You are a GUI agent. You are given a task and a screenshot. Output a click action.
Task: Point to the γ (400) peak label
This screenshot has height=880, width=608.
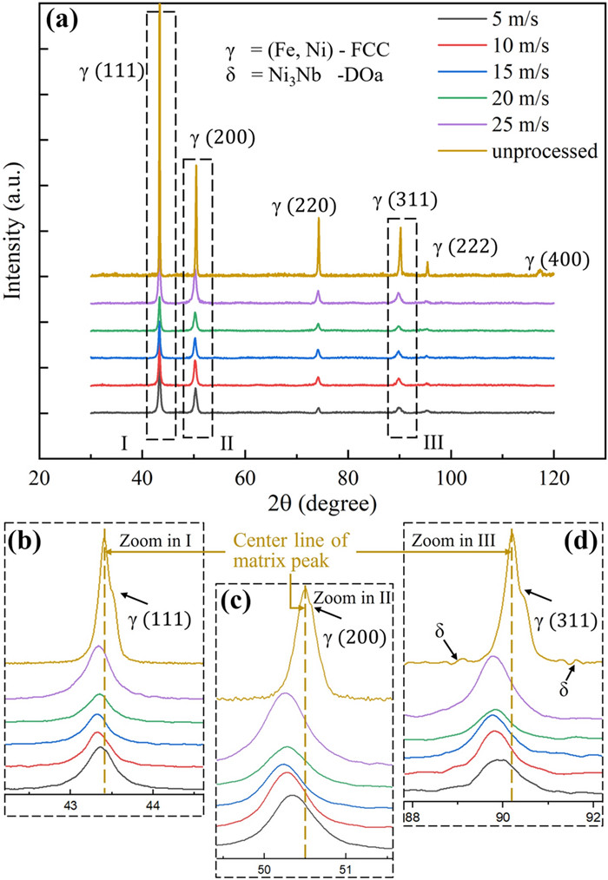pyautogui.click(x=553, y=260)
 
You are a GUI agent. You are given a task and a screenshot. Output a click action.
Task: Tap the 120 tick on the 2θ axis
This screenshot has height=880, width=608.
pyautogui.click(x=553, y=478)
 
